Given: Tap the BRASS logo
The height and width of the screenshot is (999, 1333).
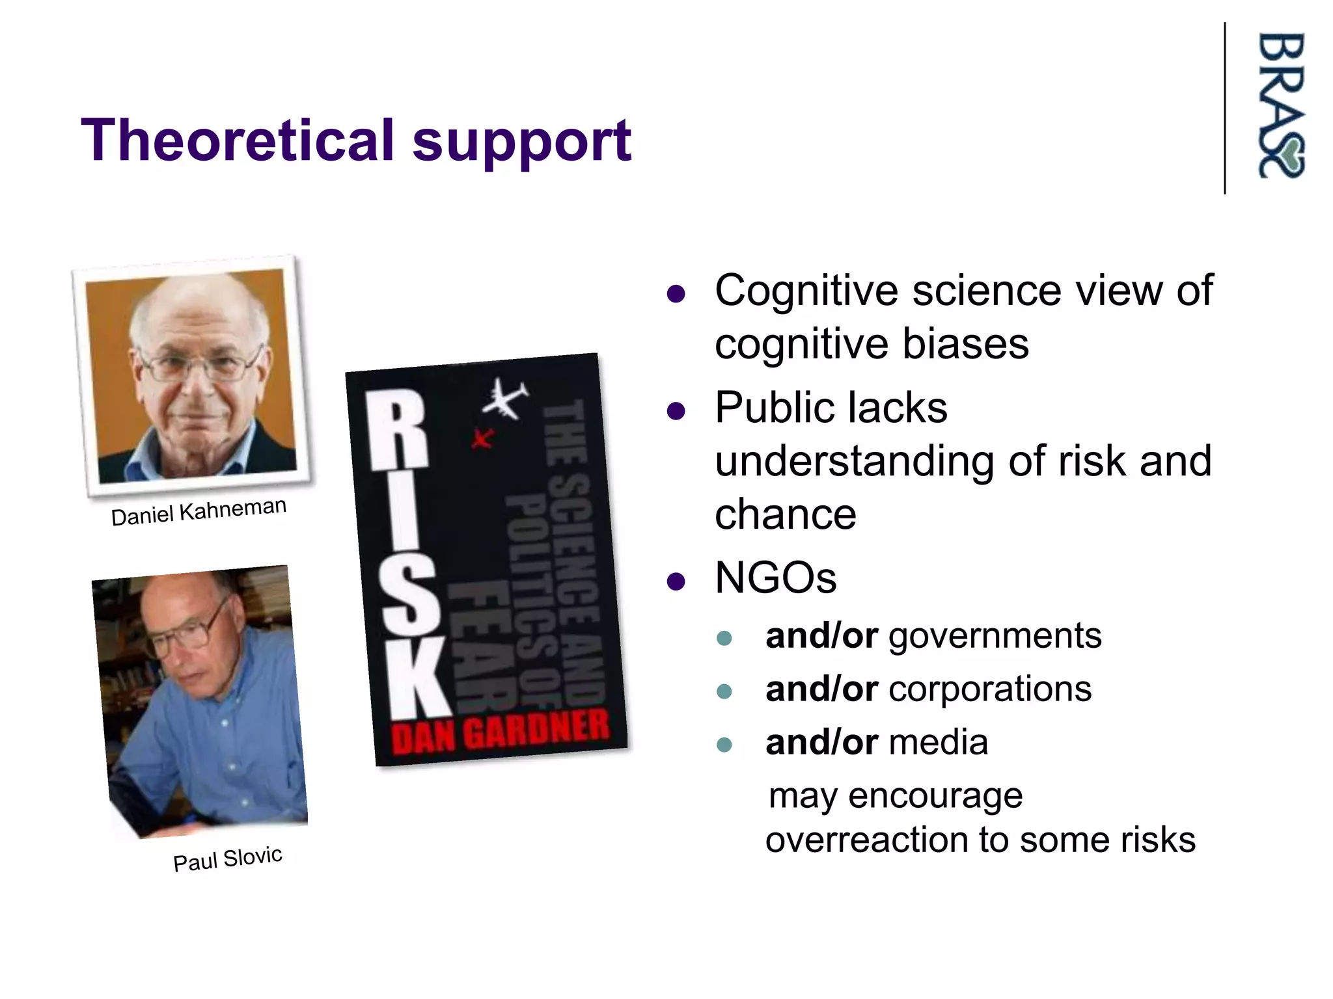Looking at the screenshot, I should [1280, 105].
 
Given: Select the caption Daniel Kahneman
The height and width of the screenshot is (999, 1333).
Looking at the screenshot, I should [199, 511].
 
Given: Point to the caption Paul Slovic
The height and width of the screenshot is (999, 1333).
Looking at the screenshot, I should [227, 859].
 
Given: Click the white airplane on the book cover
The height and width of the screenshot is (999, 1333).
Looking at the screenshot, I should [504, 399].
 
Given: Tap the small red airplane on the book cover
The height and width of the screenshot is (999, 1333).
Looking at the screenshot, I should [482, 439].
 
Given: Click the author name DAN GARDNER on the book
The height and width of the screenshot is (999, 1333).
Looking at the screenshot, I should [500, 732].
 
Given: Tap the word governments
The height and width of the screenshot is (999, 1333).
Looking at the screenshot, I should [995, 635].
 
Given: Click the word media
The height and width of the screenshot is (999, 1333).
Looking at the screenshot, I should [938, 742].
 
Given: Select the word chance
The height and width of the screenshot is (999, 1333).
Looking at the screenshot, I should [785, 514].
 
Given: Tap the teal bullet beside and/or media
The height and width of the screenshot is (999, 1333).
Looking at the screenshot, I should [724, 744].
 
